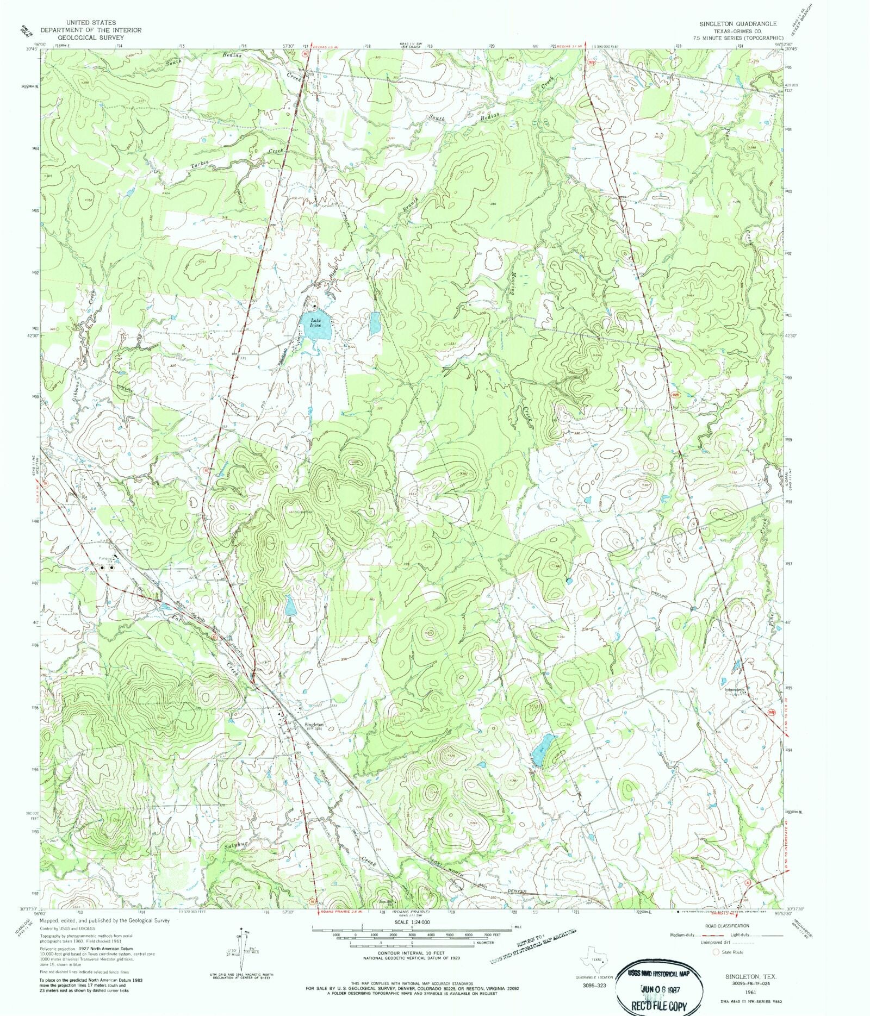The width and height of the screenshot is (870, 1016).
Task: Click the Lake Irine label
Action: pos(315,322)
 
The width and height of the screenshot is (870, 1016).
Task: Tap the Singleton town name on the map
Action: pos(314,724)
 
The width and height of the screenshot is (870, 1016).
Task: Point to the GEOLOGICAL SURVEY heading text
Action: pos(84,38)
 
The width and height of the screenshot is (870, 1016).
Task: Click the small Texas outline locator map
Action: pos(594,958)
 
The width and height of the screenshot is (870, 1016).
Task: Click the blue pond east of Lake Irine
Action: pos(374,323)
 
